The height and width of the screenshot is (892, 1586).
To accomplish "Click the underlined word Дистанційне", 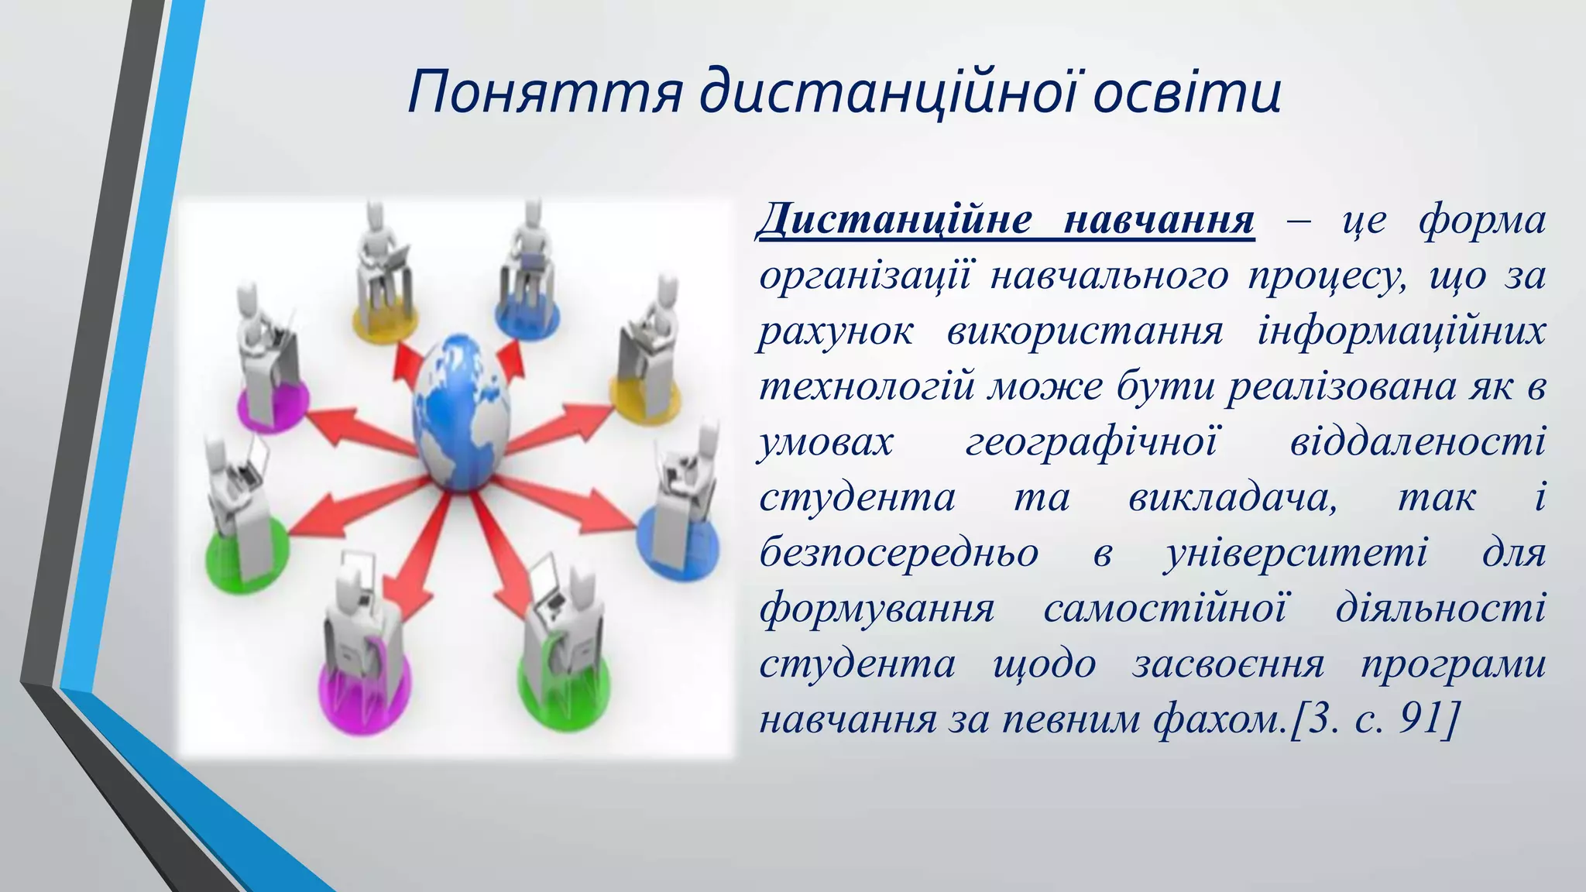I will pyautogui.click(x=894, y=220).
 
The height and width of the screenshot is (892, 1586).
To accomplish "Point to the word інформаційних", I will pyautogui.click(x=1402, y=331).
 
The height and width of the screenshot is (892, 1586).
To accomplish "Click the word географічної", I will pyautogui.click(x=1092, y=442).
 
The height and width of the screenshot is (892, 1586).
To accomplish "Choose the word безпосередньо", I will pyautogui.click(x=898, y=553).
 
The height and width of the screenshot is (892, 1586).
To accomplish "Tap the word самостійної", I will pyautogui.click(x=1165, y=609).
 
